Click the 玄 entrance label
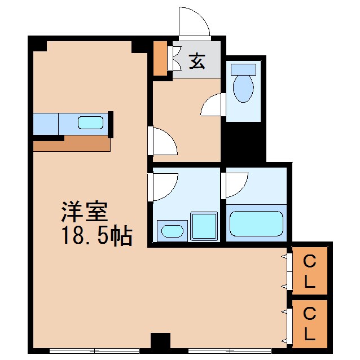(x=196, y=61)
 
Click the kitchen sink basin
(x=90, y=123)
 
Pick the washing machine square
(x=204, y=226)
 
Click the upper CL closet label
(x=309, y=271)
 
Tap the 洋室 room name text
(x=84, y=213)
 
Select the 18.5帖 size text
(x=96, y=236)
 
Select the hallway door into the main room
(x=164, y=141)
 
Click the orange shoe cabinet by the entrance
(x=161, y=58)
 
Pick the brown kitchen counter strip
(x=71, y=144)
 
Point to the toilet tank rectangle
(x=244, y=69)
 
